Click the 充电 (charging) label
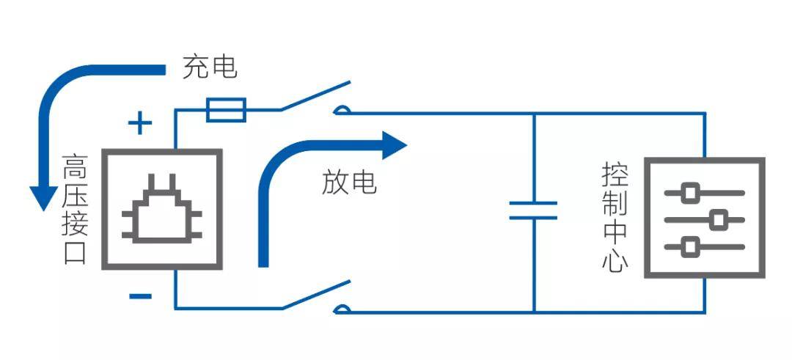pyautogui.click(x=210, y=67)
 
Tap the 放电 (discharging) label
pyautogui.click(x=349, y=183)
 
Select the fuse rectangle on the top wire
pyautogui.click(x=227, y=110)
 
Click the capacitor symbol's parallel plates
pyautogui.click(x=533, y=210)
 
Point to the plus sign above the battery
pyautogui.click(x=140, y=124)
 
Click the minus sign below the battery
pyautogui.click(x=140, y=296)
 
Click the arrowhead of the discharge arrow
pyautogui.click(x=395, y=145)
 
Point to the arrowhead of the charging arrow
pyautogui.click(x=43, y=198)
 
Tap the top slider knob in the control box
pyautogui.click(x=689, y=193)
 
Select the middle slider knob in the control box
pyautogui.click(x=718, y=220)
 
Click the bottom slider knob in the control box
pyautogui.click(x=689, y=247)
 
